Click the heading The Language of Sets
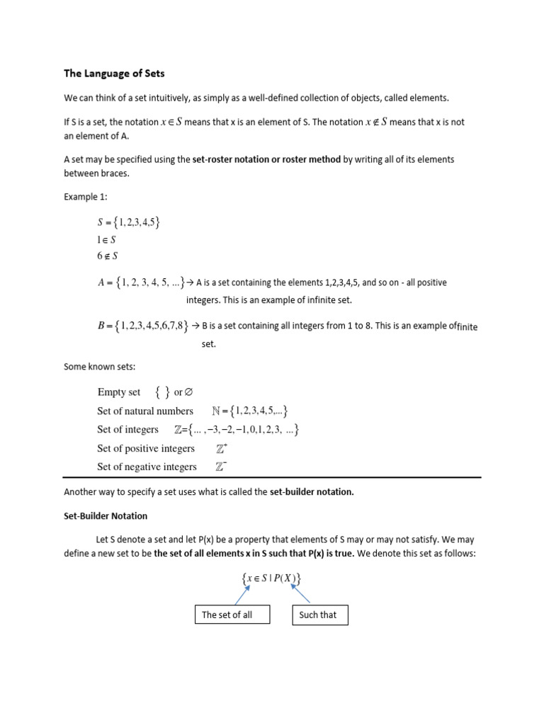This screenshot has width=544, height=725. (114, 73)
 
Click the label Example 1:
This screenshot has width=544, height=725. (87, 197)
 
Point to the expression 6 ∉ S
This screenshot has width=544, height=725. (107, 256)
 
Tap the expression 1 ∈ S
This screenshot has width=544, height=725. (106, 240)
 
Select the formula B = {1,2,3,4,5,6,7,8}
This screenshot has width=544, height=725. (144, 326)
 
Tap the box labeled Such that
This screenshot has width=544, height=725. (319, 615)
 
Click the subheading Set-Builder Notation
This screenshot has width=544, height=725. (106, 516)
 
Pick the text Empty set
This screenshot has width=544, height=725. (119, 392)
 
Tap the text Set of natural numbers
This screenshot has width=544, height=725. (145, 411)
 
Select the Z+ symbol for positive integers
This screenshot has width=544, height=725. (222, 448)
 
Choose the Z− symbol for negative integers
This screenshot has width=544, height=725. (222, 467)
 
